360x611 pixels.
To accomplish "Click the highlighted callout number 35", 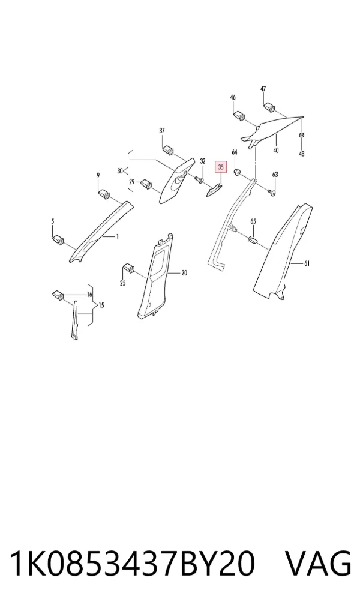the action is pyautogui.click(x=221, y=167).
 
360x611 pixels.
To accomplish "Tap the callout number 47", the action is pyautogui.click(x=263, y=89).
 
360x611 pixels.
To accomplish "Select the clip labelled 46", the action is pyautogui.click(x=239, y=115).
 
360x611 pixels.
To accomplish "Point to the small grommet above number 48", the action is pyautogui.click(x=301, y=135).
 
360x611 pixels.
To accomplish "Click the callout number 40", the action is pyautogui.click(x=276, y=151).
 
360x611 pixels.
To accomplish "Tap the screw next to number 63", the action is pyautogui.click(x=272, y=191).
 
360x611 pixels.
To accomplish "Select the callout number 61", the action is pyautogui.click(x=307, y=264).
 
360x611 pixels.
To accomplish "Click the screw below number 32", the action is pyautogui.click(x=199, y=179).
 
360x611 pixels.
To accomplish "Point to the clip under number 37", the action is pyautogui.click(x=169, y=149).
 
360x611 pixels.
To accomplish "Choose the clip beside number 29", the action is pyautogui.click(x=147, y=183).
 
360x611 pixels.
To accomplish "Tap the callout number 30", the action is pyautogui.click(x=119, y=170).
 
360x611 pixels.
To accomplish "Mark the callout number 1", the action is pyautogui.click(x=117, y=236).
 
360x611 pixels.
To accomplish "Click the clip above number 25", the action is pyautogui.click(x=129, y=268).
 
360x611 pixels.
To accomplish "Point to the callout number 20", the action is pyautogui.click(x=184, y=273).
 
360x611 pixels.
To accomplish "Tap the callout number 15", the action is pyautogui.click(x=101, y=305).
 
